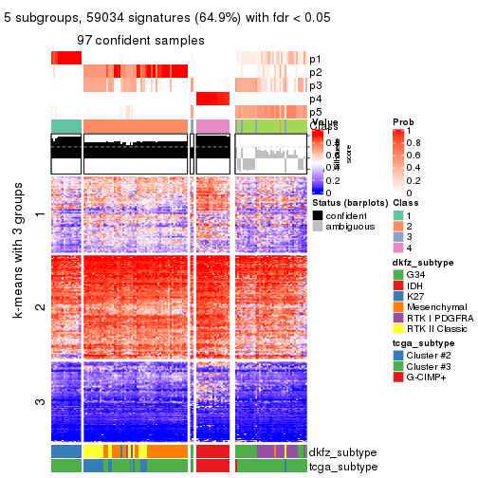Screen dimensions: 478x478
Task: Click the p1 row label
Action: pos(315,59)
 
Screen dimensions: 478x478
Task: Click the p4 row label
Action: pos(315,99)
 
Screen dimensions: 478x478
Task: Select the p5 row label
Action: pos(315,112)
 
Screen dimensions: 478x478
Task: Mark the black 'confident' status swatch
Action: pos(317,215)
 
